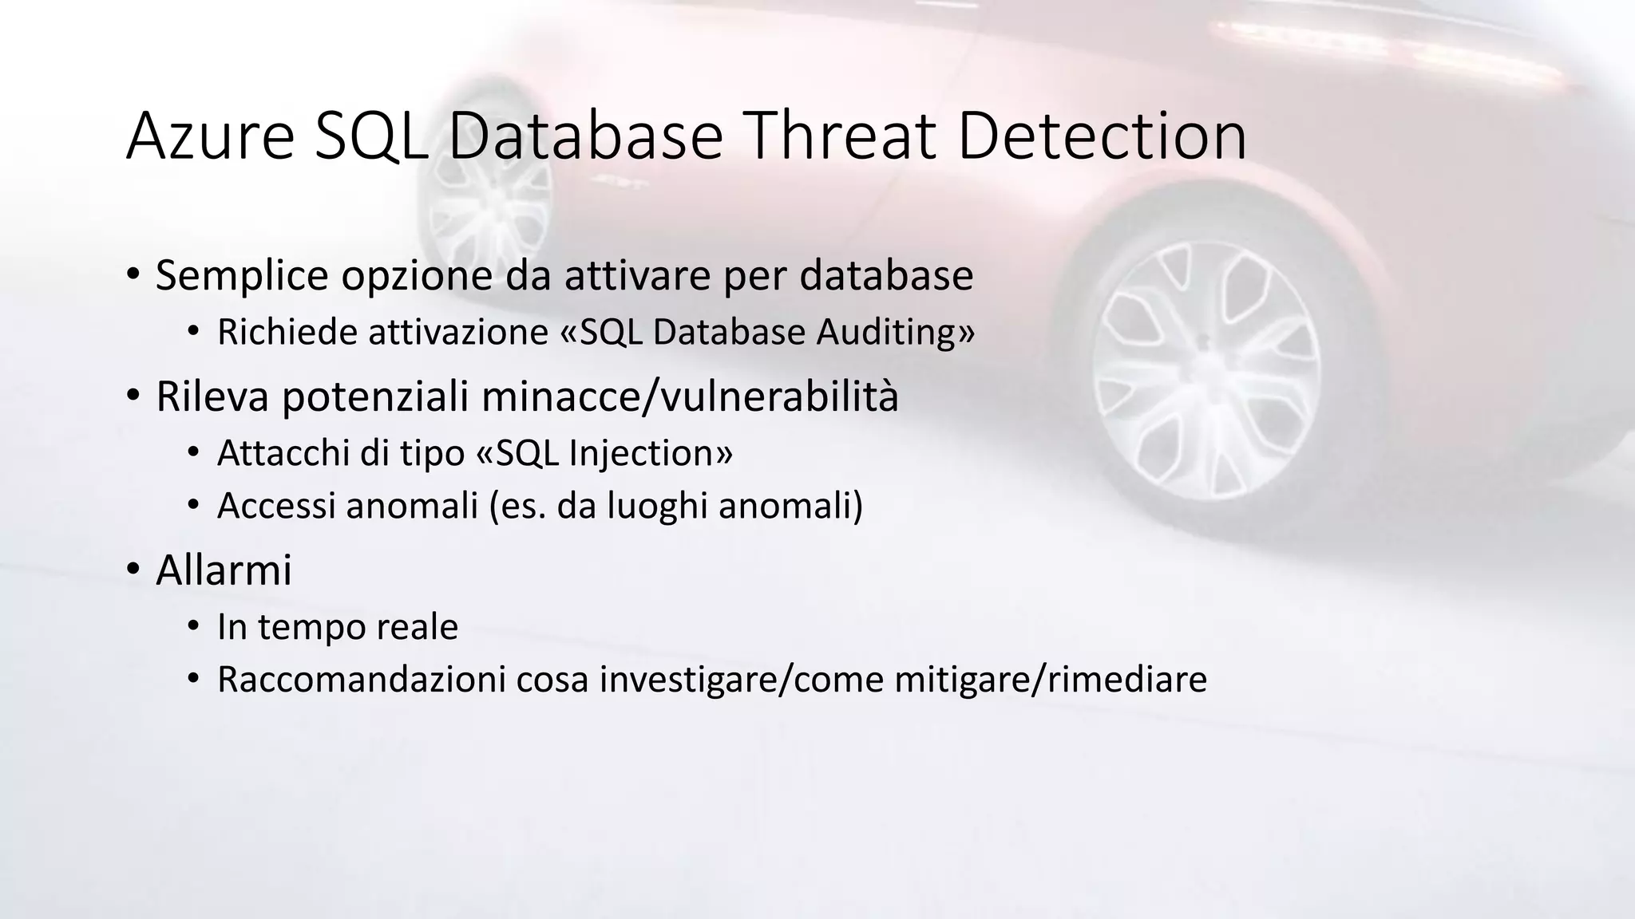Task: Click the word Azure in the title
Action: click(210, 136)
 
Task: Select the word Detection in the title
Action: click(1102, 136)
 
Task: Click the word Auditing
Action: click(894, 332)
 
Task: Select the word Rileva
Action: click(212, 396)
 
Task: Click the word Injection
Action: click(650, 453)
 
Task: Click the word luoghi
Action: click(657, 506)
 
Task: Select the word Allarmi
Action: click(224, 570)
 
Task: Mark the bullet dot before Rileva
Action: click(133, 396)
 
